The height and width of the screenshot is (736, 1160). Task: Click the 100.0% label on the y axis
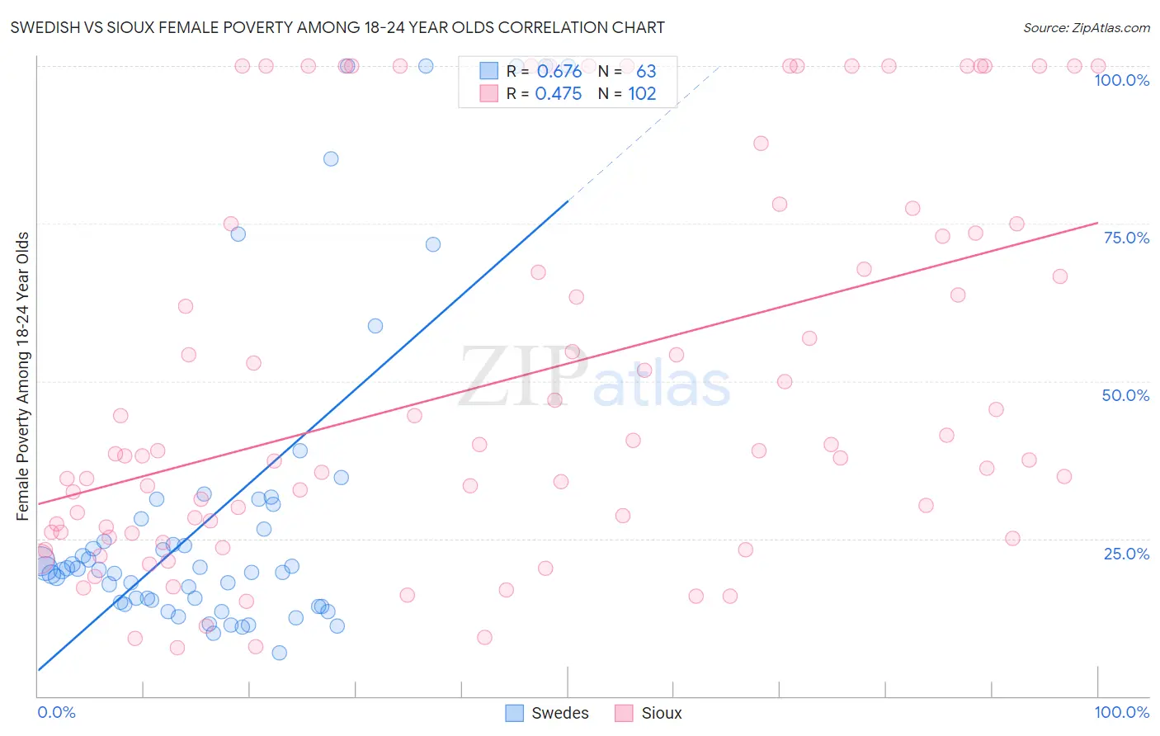tap(1121, 80)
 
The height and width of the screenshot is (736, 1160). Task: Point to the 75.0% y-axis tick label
tap(1126, 238)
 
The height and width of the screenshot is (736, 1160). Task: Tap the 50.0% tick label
tap(1125, 395)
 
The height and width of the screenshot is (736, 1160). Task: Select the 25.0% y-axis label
tap(1126, 553)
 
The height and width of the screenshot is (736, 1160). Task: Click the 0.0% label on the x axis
tap(56, 712)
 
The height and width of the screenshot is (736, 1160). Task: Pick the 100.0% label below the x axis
tap(1121, 712)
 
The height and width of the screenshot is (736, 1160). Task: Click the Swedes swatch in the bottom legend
tap(515, 713)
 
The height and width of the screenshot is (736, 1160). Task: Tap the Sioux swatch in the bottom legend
tap(624, 713)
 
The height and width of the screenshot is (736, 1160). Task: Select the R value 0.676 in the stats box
tap(559, 72)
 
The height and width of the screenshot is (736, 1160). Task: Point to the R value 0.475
tap(559, 94)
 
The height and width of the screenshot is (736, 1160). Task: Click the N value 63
tap(646, 72)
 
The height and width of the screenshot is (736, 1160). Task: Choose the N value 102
tap(642, 94)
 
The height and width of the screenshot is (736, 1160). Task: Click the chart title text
tap(337, 28)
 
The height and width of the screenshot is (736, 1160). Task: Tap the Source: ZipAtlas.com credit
tap(1086, 28)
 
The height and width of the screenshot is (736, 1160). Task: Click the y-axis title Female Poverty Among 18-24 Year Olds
tap(23, 376)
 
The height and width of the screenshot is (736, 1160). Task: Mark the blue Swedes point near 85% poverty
tap(331, 159)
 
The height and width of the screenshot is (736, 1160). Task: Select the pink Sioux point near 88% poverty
tap(761, 144)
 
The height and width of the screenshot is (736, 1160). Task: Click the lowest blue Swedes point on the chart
tap(280, 653)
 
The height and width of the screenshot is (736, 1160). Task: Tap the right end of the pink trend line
tap(1097, 223)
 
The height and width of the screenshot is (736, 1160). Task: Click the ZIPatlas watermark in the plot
tap(594, 378)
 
